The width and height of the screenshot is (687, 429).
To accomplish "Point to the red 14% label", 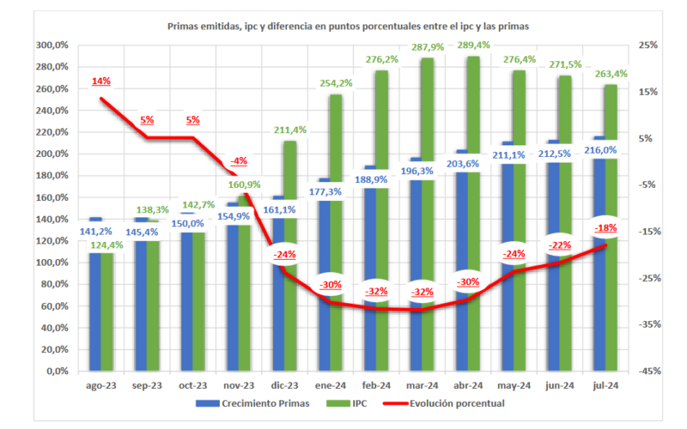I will pos(101,82).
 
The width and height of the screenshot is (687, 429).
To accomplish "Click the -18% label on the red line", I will pos(606,227).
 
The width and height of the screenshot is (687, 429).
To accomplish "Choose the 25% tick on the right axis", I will pos(639,46).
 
